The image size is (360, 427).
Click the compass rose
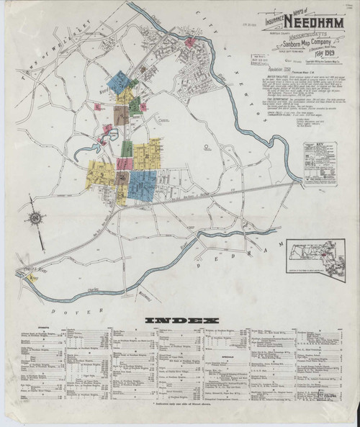[35, 218]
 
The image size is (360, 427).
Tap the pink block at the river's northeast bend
[189, 43]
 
